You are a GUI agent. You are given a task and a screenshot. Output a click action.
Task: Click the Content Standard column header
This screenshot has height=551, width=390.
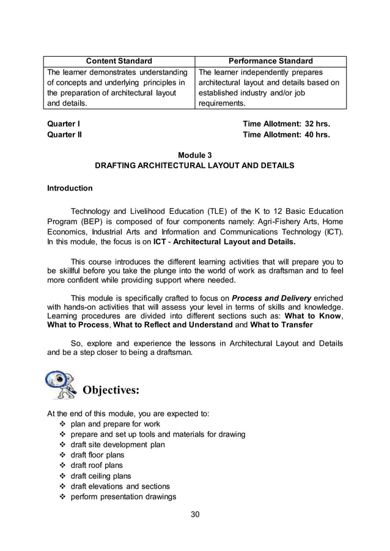pyautogui.click(x=119, y=61)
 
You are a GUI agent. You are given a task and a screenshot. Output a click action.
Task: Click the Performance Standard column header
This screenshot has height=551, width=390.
pyautogui.click(x=270, y=61)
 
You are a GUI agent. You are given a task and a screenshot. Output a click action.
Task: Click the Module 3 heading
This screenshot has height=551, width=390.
pyautogui.click(x=194, y=155)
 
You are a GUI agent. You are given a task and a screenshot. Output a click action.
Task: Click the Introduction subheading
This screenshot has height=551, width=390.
pyautogui.click(x=70, y=188)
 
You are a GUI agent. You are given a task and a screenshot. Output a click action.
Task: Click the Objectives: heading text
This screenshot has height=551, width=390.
pyautogui.click(x=111, y=390)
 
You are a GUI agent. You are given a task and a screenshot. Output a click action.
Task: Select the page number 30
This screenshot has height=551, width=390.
pyautogui.click(x=195, y=514)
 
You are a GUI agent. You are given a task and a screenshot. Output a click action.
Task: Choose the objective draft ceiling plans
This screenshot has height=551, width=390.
pyautogui.click(x=101, y=476)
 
